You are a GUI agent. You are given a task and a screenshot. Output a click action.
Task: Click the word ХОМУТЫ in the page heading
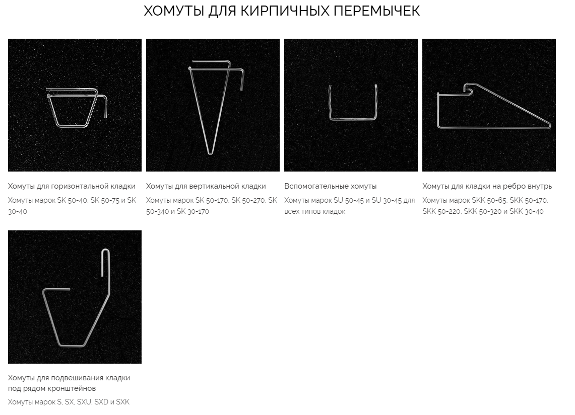click(x=174, y=11)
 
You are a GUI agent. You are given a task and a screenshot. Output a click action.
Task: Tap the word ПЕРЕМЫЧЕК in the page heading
click(x=376, y=11)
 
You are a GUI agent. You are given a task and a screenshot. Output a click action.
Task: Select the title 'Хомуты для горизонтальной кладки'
click(x=72, y=186)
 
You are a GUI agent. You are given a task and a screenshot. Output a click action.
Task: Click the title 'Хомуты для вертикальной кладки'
click(x=206, y=186)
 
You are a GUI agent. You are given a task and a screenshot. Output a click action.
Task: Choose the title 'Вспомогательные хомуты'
click(x=331, y=186)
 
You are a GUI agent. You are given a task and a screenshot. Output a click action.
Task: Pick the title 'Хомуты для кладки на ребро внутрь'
click(x=487, y=186)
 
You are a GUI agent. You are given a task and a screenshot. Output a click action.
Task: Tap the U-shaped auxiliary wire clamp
click(x=353, y=119)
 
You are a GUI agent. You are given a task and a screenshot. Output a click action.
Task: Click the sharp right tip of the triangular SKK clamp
click(x=550, y=125)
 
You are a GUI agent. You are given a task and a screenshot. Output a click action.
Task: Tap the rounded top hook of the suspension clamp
click(x=106, y=250)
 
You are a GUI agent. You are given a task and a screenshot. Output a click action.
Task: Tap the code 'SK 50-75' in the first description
click(x=104, y=201)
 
